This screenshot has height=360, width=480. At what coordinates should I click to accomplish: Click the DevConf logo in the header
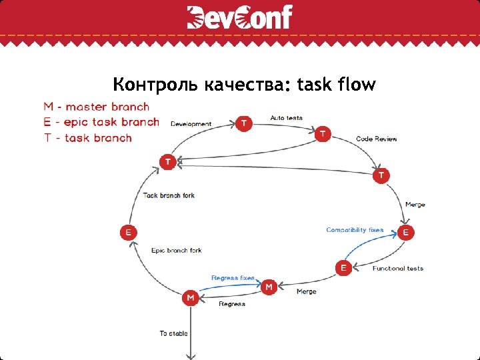click(x=240, y=17)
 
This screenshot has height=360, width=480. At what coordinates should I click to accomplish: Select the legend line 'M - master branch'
click(x=97, y=107)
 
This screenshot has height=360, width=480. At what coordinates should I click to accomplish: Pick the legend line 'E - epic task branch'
click(x=101, y=123)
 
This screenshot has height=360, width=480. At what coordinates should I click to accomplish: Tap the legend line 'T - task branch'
click(x=88, y=139)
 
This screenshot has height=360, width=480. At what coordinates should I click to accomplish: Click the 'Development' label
click(x=191, y=124)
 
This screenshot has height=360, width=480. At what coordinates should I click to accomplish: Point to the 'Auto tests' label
click(x=286, y=118)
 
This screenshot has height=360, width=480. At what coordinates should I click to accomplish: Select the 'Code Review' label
click(x=376, y=139)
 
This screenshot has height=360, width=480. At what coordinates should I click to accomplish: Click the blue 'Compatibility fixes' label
click(x=355, y=230)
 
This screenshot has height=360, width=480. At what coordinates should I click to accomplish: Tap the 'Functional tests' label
click(x=398, y=269)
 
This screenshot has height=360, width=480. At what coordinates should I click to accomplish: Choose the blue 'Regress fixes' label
click(x=233, y=277)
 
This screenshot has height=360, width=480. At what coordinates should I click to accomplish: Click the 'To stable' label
click(x=173, y=333)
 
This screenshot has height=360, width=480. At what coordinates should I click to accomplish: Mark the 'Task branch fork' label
click(x=169, y=196)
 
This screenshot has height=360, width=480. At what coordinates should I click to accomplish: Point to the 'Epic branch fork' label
click(x=176, y=251)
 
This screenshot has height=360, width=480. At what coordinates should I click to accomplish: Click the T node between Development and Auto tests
click(x=245, y=123)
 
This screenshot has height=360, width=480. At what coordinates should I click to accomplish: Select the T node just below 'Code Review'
click(x=381, y=175)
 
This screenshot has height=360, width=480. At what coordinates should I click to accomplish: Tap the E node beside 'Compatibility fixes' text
click(x=406, y=233)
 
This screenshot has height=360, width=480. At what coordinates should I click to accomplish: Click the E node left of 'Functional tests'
click(x=343, y=267)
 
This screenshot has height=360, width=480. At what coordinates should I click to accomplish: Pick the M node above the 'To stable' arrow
click(x=191, y=297)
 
